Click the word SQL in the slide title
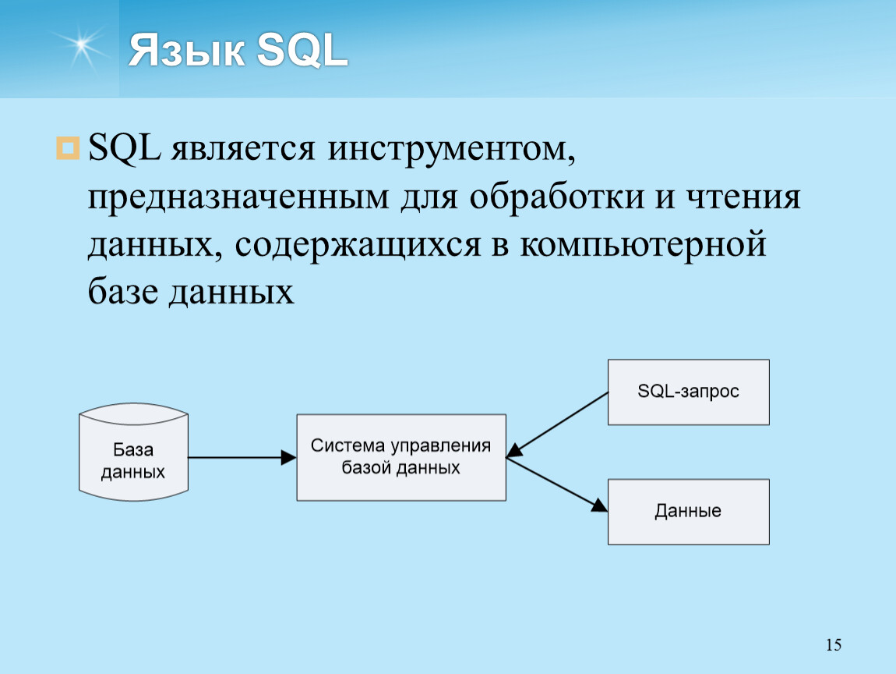[302, 50]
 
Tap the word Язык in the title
[187, 50]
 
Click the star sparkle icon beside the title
[81, 46]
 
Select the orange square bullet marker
[68, 148]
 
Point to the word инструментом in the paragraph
[452, 149]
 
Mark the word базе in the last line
[123, 291]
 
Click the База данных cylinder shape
[134, 452]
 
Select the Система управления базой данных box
[401, 457]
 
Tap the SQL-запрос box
[689, 392]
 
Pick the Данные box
[689, 512]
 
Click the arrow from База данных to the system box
[242, 457]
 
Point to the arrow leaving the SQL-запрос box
[558, 424]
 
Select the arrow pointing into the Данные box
[557, 484]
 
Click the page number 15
[834, 645]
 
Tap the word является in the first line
[243, 149]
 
